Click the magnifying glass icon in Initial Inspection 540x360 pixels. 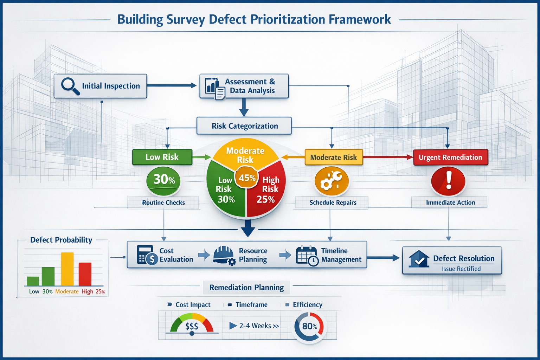(70, 86)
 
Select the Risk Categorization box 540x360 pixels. (244, 126)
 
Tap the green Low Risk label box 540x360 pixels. (162, 157)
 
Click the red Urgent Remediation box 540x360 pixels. (450, 157)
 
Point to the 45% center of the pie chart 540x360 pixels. (247, 178)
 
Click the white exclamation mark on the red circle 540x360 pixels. (449, 180)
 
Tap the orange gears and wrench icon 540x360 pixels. (331, 181)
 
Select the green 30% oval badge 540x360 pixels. (163, 180)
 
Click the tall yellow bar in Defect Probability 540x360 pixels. (67, 269)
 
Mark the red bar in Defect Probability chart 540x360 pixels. (85, 274)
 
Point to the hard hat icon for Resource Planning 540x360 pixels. (224, 255)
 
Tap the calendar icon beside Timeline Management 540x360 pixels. (307, 255)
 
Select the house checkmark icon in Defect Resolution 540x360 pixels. (419, 259)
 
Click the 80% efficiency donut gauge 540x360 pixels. (309, 327)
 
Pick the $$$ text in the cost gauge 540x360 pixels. (192, 326)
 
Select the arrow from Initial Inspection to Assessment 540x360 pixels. (171, 85)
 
